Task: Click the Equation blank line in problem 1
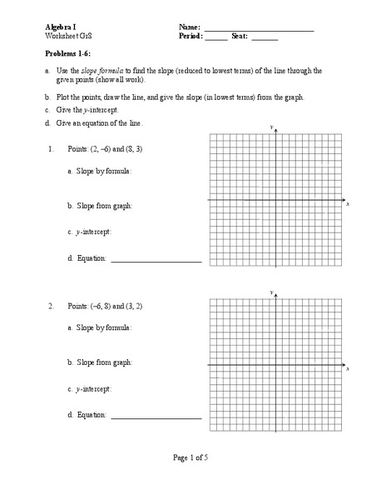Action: pyautogui.click(x=156, y=261)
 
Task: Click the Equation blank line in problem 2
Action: pyautogui.click(x=156, y=416)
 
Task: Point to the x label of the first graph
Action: pyautogui.click(x=348, y=204)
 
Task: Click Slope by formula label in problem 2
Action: pyautogui.click(x=99, y=328)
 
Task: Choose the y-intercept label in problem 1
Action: pyautogui.click(x=89, y=231)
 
